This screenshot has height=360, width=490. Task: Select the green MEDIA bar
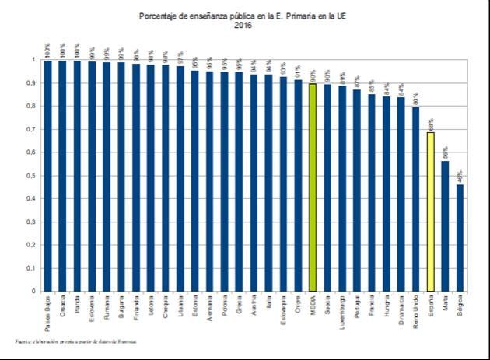[313, 187]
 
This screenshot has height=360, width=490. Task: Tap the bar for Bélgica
[460, 238]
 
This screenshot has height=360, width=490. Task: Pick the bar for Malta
[446, 226]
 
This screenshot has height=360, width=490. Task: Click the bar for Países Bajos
[47, 176]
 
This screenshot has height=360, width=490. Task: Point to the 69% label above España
[431, 123]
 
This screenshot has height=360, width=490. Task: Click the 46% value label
[460, 175]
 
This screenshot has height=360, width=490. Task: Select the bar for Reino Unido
[416, 199]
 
